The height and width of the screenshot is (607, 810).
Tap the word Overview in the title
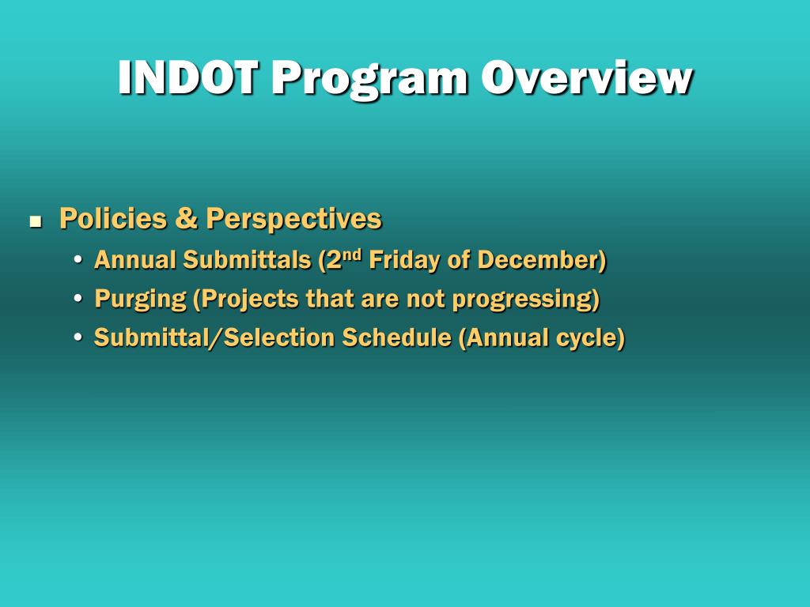click(587, 77)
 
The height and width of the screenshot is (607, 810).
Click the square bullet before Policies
click(35, 222)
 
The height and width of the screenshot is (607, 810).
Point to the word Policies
click(113, 218)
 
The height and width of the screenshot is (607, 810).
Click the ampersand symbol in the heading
click(187, 218)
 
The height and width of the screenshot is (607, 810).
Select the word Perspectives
click(294, 220)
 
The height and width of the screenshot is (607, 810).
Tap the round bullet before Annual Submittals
click(78, 259)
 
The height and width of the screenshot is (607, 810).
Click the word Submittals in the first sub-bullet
click(247, 259)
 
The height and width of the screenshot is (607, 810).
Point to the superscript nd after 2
click(352, 254)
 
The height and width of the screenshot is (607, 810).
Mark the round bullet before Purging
click(78, 299)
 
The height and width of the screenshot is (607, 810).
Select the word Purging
click(141, 300)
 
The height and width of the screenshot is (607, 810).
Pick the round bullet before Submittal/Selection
click(78, 337)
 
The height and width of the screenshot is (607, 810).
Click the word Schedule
click(396, 337)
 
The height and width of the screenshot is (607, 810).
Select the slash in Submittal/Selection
click(215, 338)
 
